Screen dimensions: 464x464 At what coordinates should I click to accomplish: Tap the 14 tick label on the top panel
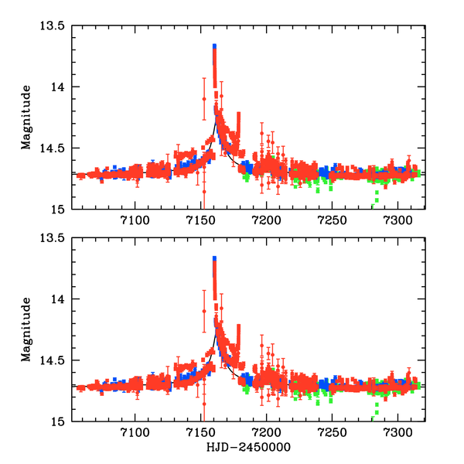(x=59, y=87)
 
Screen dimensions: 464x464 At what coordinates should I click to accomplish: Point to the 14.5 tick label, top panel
(x=53, y=148)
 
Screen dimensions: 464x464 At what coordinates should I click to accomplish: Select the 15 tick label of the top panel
(x=59, y=210)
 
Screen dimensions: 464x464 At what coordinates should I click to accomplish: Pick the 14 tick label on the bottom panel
(x=59, y=299)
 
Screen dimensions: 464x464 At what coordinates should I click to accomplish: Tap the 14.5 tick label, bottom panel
(x=53, y=360)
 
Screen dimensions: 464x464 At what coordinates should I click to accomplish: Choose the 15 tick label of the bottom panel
(x=59, y=422)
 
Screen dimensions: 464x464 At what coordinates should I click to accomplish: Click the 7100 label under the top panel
(x=135, y=222)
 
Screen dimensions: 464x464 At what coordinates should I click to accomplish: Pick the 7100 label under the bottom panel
(x=135, y=435)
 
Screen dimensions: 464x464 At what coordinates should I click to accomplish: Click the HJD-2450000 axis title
(x=248, y=448)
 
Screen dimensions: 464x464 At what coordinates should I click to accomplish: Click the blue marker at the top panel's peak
(x=214, y=47)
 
